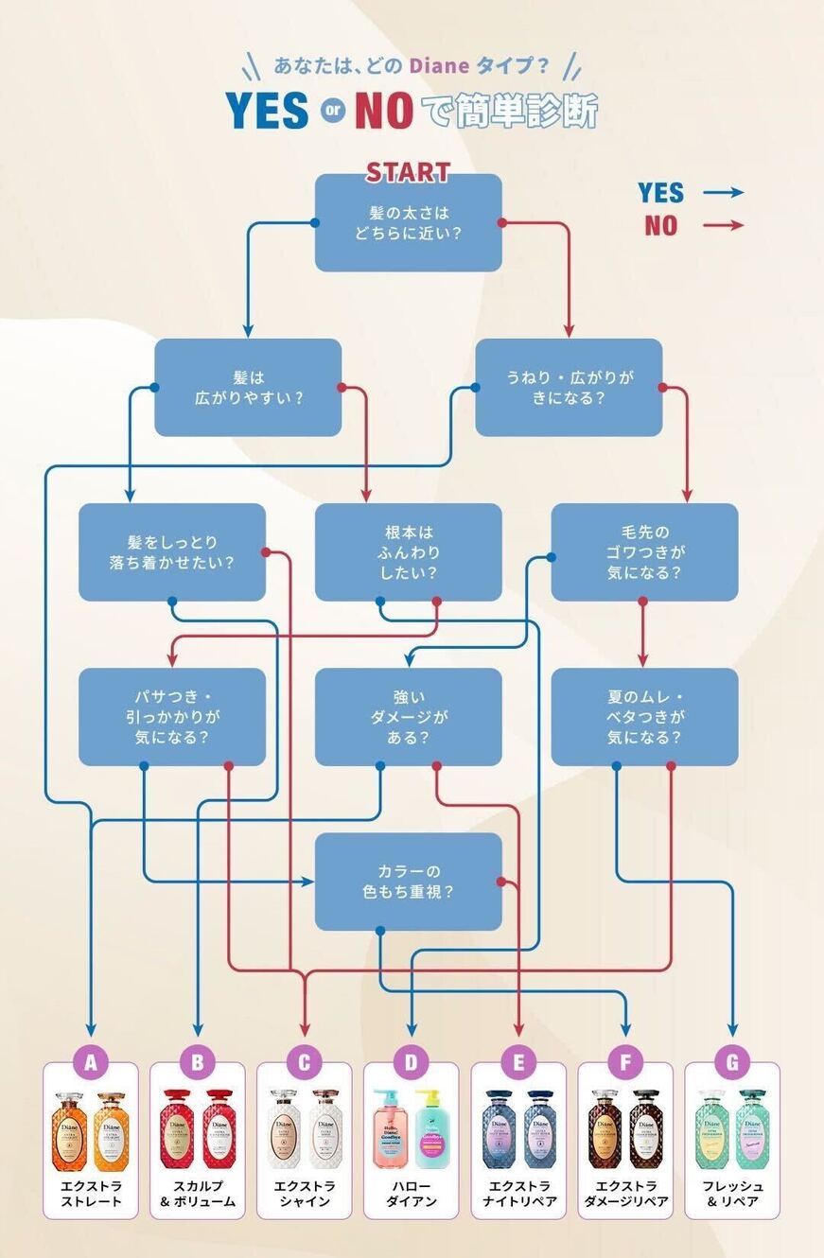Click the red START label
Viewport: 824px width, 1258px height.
pyautogui.click(x=408, y=172)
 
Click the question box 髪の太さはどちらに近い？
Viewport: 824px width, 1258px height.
pyautogui.click(x=408, y=222)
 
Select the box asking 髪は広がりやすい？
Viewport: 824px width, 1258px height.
pyautogui.click(x=248, y=388)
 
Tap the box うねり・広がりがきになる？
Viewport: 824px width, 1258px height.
pyautogui.click(x=569, y=388)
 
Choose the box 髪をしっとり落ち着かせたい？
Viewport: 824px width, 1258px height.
pyautogui.click(x=171, y=552)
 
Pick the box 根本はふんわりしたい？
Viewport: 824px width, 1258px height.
pyautogui.click(x=408, y=552)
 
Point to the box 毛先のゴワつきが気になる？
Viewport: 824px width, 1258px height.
pyautogui.click(x=644, y=552)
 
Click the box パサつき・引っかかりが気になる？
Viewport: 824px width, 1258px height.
pyautogui.click(x=171, y=717)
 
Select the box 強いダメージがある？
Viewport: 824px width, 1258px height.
pyautogui.click(x=408, y=717)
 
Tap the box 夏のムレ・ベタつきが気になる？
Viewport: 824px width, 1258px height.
pyautogui.click(x=644, y=717)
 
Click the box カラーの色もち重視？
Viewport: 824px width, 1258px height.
pyautogui.click(x=408, y=882)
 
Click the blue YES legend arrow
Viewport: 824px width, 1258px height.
pyautogui.click(x=723, y=193)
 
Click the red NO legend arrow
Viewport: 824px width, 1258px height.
pyautogui.click(x=723, y=225)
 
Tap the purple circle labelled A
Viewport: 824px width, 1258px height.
pyautogui.click(x=91, y=1062)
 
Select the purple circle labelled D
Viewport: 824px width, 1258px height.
pyautogui.click(x=411, y=1062)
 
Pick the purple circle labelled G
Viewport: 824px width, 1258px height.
pyautogui.click(x=732, y=1062)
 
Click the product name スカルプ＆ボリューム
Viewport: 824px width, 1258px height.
pyautogui.click(x=198, y=1194)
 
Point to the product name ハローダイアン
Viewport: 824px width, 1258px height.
pyautogui.click(x=411, y=1194)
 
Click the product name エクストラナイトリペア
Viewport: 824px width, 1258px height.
pyautogui.click(x=518, y=1194)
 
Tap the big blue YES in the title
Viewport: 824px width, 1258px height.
pyautogui.click(x=268, y=112)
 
